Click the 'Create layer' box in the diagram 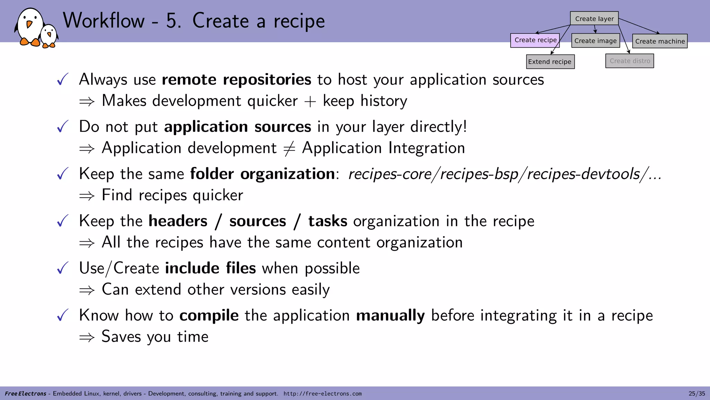(x=594, y=18)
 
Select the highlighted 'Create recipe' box (x=535, y=40)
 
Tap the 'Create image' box (x=595, y=41)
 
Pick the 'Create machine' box (x=660, y=41)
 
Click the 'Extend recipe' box (x=550, y=62)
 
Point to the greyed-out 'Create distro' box (x=630, y=61)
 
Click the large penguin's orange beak (x=29, y=24)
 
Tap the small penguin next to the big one (x=49, y=35)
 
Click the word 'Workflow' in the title (x=104, y=20)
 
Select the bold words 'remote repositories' (x=236, y=80)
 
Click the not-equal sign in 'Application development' (x=289, y=149)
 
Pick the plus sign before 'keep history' (x=310, y=101)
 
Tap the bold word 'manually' (x=390, y=316)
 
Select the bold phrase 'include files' (x=210, y=268)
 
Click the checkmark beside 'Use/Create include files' (x=63, y=268)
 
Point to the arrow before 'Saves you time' (x=87, y=337)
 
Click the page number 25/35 (x=696, y=393)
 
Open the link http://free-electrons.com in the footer (x=322, y=394)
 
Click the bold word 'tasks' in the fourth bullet (x=328, y=221)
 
